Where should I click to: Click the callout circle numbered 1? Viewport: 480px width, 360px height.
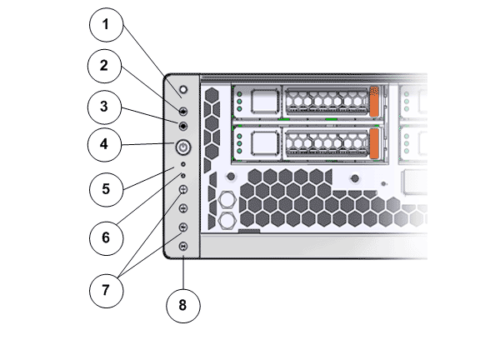tap(106, 25)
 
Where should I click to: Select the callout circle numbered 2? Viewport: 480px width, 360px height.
tap(105, 66)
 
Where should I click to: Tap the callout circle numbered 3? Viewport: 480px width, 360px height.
tap(105, 107)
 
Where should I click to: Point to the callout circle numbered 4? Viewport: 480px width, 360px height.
tap(105, 144)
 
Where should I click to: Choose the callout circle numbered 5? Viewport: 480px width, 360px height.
tap(106, 189)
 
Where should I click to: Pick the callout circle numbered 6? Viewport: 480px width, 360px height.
tap(106, 238)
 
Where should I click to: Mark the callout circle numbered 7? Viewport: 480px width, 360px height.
tap(106, 291)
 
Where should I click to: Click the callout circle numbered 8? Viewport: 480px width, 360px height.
tap(183, 306)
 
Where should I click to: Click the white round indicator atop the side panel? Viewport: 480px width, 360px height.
tap(183, 90)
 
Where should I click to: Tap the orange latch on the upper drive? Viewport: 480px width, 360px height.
tap(374, 102)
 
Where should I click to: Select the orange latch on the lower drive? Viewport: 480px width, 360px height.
tap(374, 143)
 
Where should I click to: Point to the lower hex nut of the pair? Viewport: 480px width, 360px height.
tap(227, 219)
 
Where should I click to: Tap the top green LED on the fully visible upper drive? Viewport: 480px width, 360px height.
tap(239, 94)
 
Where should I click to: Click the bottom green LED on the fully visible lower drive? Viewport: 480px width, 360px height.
tap(239, 151)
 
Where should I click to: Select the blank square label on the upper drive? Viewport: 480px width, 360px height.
tap(264, 102)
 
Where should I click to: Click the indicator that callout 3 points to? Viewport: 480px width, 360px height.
tap(183, 126)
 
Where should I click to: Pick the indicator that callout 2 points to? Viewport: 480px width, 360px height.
tap(183, 111)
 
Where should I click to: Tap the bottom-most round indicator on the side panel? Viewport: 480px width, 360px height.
tap(183, 246)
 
